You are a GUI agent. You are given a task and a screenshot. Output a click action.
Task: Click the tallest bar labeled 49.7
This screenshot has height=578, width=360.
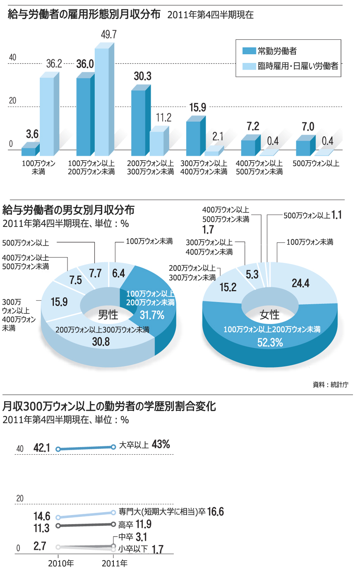click(x=102, y=99)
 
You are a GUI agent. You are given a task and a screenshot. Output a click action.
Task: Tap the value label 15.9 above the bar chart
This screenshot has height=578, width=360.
click(x=197, y=108)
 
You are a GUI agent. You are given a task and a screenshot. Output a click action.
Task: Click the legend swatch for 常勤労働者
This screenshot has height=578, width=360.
click(x=249, y=51)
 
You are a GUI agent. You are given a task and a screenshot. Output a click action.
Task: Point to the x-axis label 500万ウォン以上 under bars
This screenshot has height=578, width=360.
click(x=316, y=164)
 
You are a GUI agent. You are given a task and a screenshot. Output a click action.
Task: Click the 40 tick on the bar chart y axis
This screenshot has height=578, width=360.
click(x=12, y=57)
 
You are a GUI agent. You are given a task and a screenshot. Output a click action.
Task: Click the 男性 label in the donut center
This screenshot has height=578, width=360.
click(x=108, y=315)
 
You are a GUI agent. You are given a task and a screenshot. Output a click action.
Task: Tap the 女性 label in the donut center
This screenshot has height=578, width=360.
click(x=269, y=315)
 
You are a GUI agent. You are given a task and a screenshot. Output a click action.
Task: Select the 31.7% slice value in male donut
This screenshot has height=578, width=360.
click(x=152, y=315)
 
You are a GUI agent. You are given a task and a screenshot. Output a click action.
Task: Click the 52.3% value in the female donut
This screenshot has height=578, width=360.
click(x=270, y=342)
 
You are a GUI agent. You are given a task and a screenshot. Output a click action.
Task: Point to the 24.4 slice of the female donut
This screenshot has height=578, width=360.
click(x=300, y=283)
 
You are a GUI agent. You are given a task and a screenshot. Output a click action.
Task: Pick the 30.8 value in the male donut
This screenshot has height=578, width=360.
click(x=101, y=341)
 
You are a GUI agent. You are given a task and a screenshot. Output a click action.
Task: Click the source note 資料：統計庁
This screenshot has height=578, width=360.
click(x=330, y=385)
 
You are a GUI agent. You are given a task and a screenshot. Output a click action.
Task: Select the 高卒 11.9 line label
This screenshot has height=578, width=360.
click(x=135, y=525)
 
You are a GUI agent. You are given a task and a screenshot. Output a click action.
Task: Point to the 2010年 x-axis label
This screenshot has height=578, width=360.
click(x=61, y=563)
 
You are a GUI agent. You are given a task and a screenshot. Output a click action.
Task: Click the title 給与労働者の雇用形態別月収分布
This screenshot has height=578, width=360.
click(x=84, y=14)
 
